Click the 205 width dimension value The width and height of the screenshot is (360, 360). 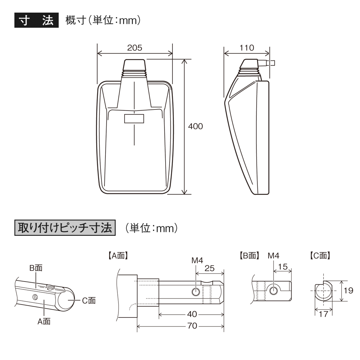click(x=135, y=48)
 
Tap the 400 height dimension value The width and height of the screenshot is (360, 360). click(x=195, y=126)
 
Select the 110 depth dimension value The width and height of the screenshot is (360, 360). click(x=247, y=48)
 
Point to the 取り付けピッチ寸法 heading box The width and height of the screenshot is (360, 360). click(x=64, y=228)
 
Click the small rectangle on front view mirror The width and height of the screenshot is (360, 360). click(x=134, y=118)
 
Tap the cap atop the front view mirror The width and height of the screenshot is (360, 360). click(x=134, y=66)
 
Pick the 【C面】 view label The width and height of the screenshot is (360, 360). click(x=320, y=256)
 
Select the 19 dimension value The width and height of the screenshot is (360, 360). click(x=348, y=291)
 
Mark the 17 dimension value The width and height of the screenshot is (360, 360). click(x=324, y=314)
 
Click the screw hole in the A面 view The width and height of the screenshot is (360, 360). click(x=196, y=292)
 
